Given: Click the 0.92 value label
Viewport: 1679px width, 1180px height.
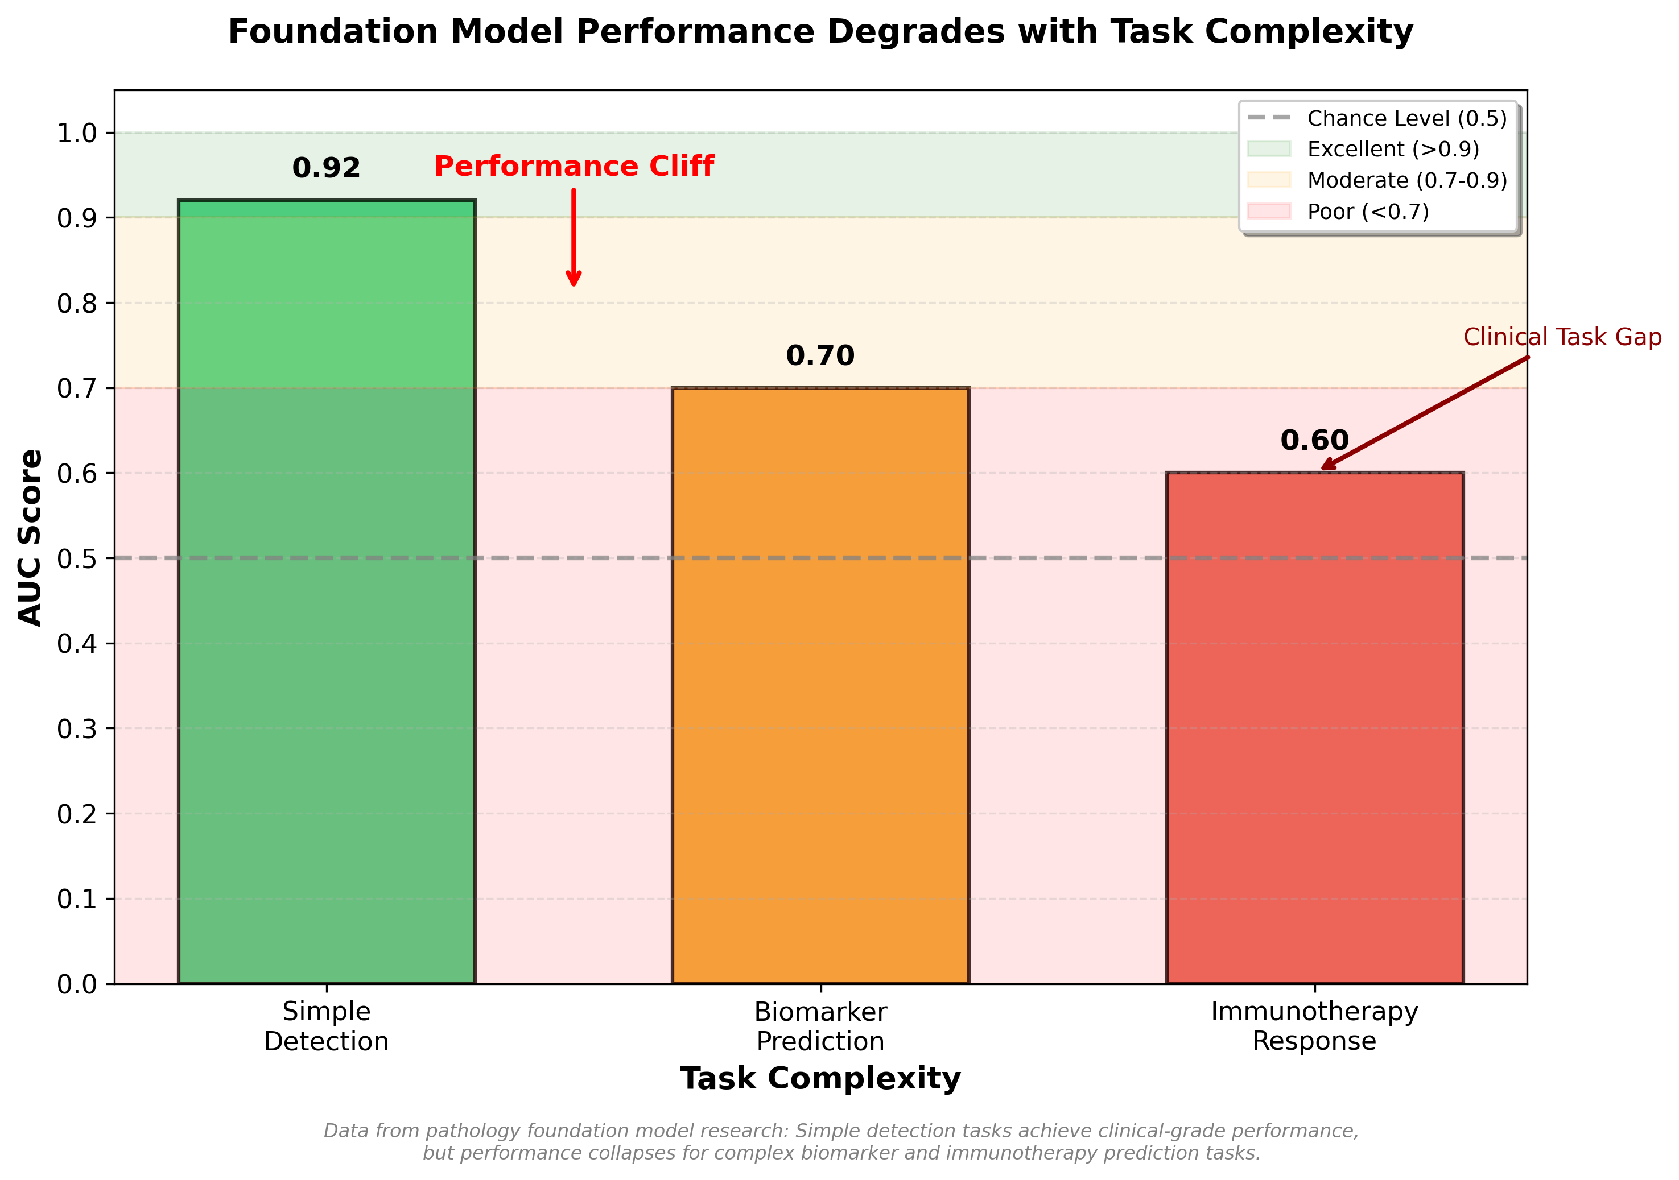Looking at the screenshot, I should (326, 169).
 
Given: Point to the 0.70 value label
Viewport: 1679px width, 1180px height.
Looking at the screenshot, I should (820, 356).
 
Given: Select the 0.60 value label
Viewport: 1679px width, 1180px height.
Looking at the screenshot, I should (1314, 441).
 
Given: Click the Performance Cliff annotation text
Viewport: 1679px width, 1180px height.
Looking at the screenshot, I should (574, 167).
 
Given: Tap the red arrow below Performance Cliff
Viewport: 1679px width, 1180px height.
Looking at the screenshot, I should (574, 238).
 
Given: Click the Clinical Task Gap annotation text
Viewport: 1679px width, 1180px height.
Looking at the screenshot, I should (1561, 337).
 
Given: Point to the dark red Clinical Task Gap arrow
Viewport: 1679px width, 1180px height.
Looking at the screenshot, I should (1426, 412).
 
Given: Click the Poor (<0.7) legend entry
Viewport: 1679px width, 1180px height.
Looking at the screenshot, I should (1367, 212).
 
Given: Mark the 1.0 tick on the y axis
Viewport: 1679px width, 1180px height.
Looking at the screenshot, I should (76, 133).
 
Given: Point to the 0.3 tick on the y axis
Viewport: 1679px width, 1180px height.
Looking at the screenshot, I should (76, 729).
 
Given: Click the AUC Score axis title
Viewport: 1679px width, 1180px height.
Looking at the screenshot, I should (31, 537).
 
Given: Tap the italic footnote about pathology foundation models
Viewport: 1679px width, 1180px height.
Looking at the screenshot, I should (841, 1142).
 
